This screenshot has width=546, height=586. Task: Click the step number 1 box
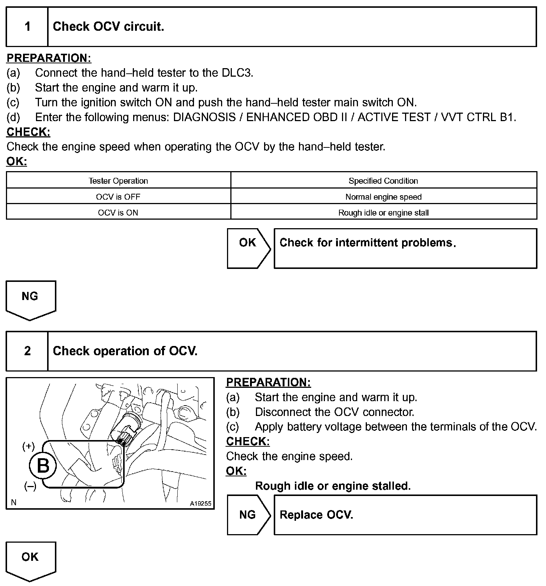click(27, 27)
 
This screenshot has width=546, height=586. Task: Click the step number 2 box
click(27, 351)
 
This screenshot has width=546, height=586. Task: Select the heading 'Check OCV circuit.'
click(108, 27)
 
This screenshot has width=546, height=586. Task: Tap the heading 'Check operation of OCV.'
click(125, 351)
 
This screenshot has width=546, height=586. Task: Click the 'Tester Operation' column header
click(118, 181)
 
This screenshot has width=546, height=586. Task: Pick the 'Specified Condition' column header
click(383, 181)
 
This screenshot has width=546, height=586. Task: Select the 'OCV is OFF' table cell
click(118, 197)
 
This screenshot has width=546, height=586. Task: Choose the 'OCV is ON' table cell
click(118, 213)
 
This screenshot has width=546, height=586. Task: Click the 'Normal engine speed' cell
click(383, 197)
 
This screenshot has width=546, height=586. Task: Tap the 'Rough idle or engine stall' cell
click(383, 213)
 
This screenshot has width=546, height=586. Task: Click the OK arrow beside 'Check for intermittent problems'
click(248, 248)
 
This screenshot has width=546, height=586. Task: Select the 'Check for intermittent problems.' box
click(405, 248)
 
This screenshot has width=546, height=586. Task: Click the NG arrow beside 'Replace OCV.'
click(248, 515)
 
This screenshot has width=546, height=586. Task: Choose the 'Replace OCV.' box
click(405, 515)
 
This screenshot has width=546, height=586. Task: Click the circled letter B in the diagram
click(43, 466)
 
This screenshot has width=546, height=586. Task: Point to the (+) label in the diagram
click(29, 446)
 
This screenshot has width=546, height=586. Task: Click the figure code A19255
click(200, 503)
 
